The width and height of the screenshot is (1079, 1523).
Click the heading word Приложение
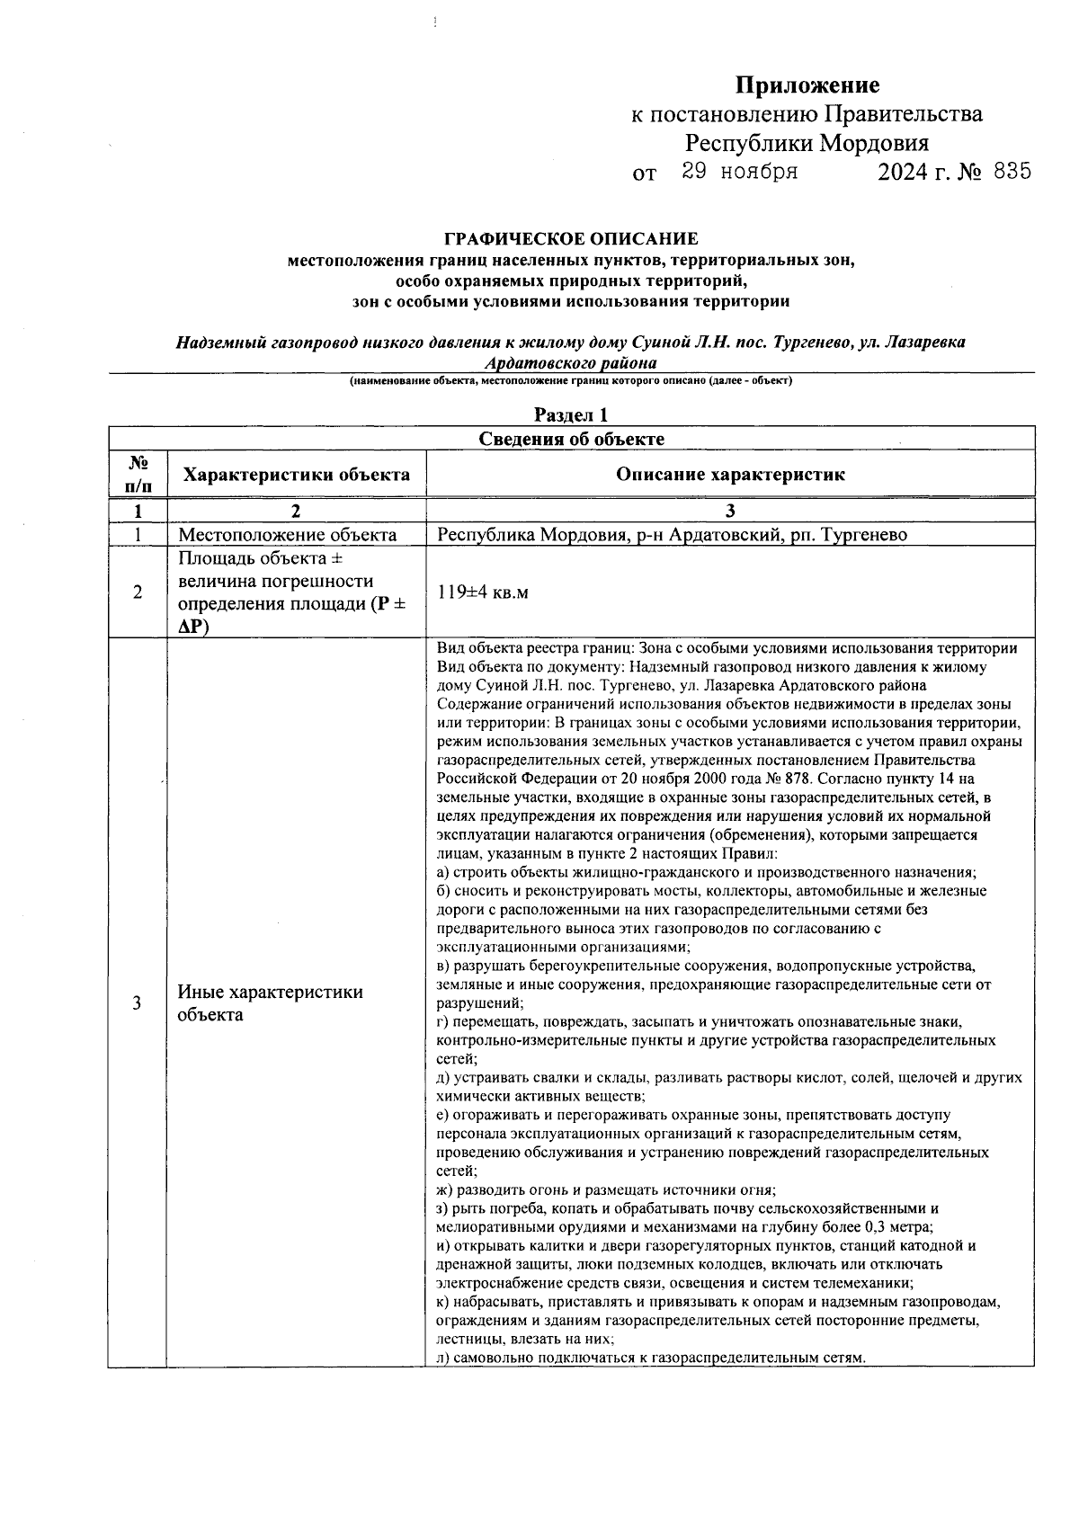807,85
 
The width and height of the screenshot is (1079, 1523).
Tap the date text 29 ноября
739,172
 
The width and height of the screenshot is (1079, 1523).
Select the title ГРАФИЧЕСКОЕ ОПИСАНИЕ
571,239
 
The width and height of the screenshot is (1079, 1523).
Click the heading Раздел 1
571,414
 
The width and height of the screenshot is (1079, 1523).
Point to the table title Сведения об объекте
571,439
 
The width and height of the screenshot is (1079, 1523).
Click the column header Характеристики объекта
297,475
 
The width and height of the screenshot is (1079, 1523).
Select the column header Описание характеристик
730,475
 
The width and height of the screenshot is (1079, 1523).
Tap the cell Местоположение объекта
287,535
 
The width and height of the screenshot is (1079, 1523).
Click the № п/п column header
137,474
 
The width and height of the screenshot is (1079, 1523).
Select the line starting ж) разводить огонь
605,1189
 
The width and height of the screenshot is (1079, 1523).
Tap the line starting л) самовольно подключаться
650,1358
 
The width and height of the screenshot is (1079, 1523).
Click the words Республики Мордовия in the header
807,143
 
